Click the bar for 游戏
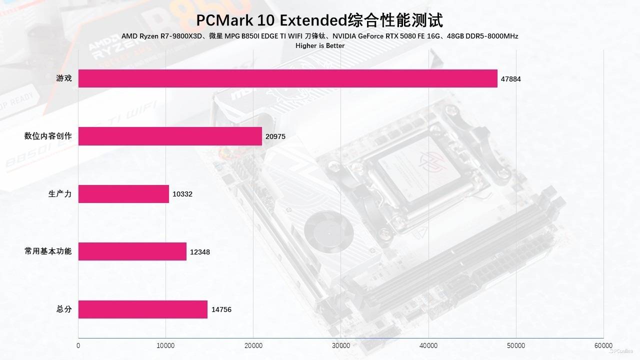tap(288, 78)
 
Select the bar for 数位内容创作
tap(170, 136)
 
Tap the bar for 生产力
tap(123, 194)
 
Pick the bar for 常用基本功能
tap(132, 251)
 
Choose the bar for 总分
tap(143, 309)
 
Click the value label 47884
tap(511, 79)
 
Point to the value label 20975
tap(275, 136)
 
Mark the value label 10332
tap(182, 194)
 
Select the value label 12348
tap(200, 252)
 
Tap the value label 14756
tap(221, 309)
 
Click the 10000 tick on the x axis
tap(165, 345)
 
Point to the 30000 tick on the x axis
tap(341, 345)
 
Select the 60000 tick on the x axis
tap(603, 345)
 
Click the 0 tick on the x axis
tap(78, 345)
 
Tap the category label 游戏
tap(64, 78)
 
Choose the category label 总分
tap(64, 309)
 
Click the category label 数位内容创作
tap(48, 136)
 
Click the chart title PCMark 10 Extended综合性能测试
tap(319, 20)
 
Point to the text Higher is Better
tap(320, 45)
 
